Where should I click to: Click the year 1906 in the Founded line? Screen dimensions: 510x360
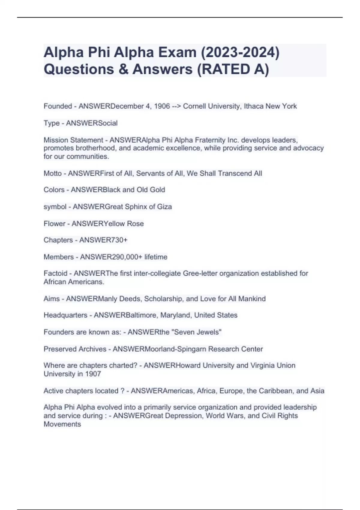tap(162, 106)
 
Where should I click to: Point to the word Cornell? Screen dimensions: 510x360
tap(195, 106)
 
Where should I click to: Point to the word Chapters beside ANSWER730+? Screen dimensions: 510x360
tap(58, 240)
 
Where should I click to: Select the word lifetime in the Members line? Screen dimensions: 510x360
tap(156, 257)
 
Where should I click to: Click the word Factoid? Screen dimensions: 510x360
tap(55, 273)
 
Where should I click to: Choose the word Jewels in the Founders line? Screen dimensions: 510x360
tap(210, 332)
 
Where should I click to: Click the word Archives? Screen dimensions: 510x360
tap(92, 349)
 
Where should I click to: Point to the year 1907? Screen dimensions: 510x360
tap(93, 374)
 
